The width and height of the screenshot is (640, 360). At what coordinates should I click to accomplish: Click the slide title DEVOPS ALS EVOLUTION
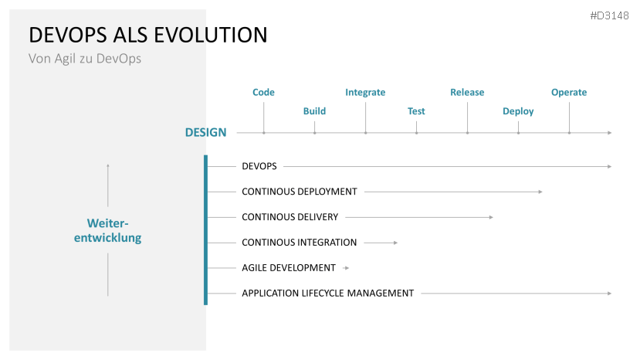(x=148, y=35)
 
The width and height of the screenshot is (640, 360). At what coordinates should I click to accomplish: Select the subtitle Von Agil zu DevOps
(x=85, y=59)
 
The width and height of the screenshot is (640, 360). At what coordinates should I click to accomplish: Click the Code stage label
(x=263, y=93)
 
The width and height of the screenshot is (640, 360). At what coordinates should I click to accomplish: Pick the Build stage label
(x=314, y=111)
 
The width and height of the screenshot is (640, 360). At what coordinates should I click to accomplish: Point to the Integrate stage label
(x=365, y=93)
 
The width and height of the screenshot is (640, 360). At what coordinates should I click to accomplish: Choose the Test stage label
(x=416, y=111)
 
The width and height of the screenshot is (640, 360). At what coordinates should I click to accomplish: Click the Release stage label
(x=467, y=93)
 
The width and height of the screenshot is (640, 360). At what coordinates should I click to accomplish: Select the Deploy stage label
(x=518, y=111)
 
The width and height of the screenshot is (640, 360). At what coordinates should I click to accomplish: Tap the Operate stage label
(x=569, y=93)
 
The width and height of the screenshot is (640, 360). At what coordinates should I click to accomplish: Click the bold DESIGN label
(x=206, y=133)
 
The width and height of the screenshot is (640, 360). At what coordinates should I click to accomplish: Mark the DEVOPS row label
(x=259, y=166)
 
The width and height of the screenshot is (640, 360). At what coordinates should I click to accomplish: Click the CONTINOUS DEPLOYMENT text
(x=300, y=192)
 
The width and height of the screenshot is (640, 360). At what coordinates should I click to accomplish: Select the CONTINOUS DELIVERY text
(x=290, y=217)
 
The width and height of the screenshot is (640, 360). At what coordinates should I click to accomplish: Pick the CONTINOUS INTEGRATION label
(x=300, y=243)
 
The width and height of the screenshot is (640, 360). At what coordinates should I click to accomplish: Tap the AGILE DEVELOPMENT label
(x=289, y=268)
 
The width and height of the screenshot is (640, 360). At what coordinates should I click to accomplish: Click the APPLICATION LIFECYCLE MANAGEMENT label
(x=328, y=294)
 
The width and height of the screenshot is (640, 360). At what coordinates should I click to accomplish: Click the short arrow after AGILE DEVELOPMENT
(x=346, y=268)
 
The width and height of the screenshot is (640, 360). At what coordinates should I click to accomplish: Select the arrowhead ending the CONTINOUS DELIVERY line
(x=491, y=217)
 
